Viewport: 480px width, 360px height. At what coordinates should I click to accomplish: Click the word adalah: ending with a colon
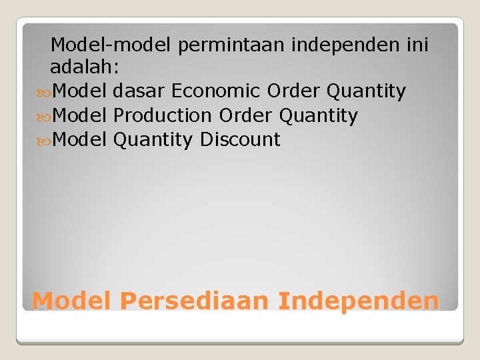coord(83,67)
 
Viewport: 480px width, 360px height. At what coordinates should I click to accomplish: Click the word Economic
coord(216,91)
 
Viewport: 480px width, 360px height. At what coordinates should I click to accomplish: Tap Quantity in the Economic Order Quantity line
coord(366,91)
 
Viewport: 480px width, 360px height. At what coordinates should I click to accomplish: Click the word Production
coord(162,115)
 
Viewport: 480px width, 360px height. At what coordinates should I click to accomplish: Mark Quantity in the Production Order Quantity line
coord(318,115)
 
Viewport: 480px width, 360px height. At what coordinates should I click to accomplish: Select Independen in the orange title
coord(359,301)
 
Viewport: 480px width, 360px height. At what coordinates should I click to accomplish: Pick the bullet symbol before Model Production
coord(45,116)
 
